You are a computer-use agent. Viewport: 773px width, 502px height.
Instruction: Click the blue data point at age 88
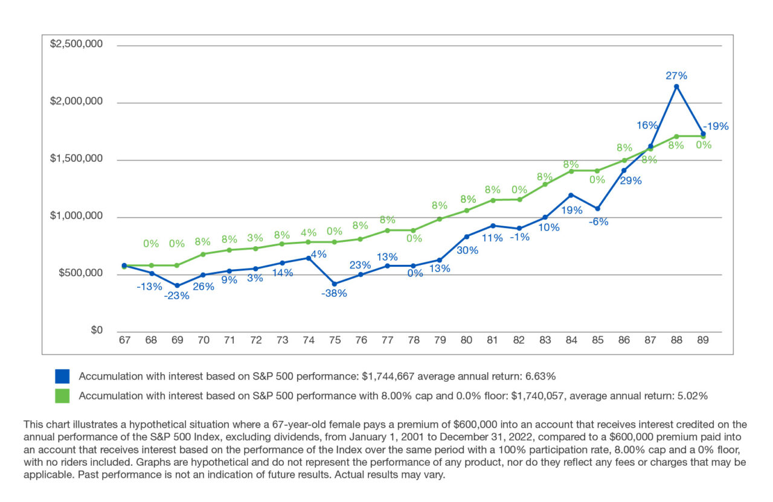(x=676, y=86)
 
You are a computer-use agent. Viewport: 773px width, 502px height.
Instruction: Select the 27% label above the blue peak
(x=676, y=75)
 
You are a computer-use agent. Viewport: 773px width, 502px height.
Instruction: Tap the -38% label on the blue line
(x=334, y=293)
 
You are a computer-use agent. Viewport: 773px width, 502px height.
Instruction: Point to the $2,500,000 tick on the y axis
(x=76, y=44)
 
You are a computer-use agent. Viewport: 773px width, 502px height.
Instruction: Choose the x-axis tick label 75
(x=335, y=340)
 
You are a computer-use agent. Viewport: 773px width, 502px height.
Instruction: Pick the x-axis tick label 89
(x=702, y=340)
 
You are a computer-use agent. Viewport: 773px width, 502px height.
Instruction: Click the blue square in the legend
(x=63, y=376)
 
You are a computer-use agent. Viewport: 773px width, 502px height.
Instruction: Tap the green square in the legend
(x=63, y=396)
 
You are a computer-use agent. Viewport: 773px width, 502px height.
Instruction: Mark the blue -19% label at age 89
(x=716, y=126)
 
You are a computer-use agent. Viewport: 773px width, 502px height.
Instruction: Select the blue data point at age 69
(x=177, y=285)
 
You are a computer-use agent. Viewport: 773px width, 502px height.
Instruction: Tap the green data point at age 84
(x=571, y=171)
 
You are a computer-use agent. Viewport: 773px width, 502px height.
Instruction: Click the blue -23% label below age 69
(x=176, y=296)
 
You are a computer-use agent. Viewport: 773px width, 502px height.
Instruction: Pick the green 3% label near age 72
(x=256, y=237)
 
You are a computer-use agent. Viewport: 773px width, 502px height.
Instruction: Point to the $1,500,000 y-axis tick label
(x=76, y=159)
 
